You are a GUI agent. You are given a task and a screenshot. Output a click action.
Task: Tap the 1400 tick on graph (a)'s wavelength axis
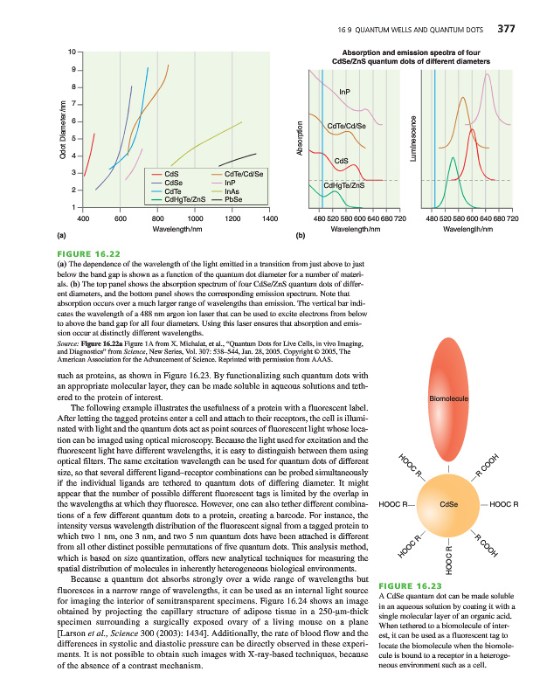point(269,217)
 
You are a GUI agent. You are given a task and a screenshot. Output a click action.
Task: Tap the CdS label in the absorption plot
point(342,160)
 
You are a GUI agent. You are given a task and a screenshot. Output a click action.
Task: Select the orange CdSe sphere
point(449,504)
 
